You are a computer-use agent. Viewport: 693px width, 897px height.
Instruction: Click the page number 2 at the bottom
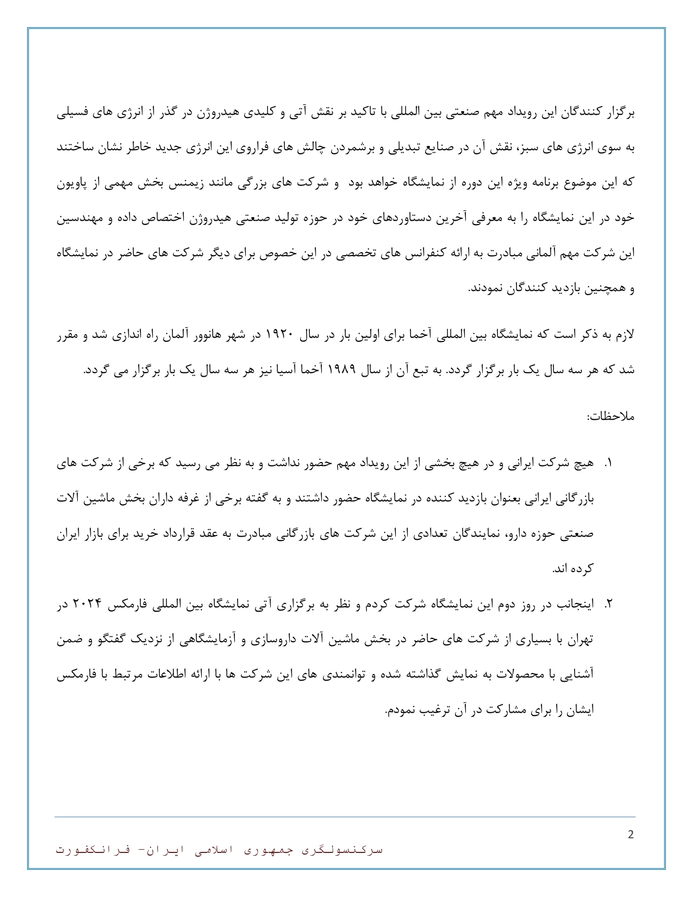630,835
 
